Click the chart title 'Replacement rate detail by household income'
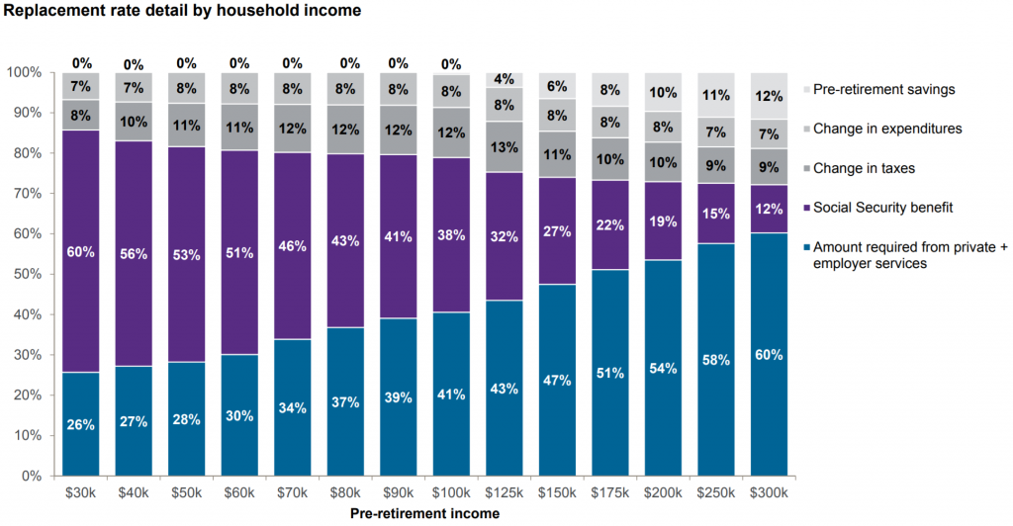(x=183, y=11)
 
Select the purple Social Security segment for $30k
(x=81, y=251)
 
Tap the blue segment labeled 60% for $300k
(x=769, y=354)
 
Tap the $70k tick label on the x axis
(x=293, y=491)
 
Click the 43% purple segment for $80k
(x=345, y=240)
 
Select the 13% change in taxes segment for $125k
(x=503, y=147)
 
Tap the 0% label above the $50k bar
(x=187, y=63)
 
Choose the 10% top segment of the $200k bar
(x=662, y=93)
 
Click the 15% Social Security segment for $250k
(x=715, y=214)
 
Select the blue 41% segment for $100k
(x=450, y=394)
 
